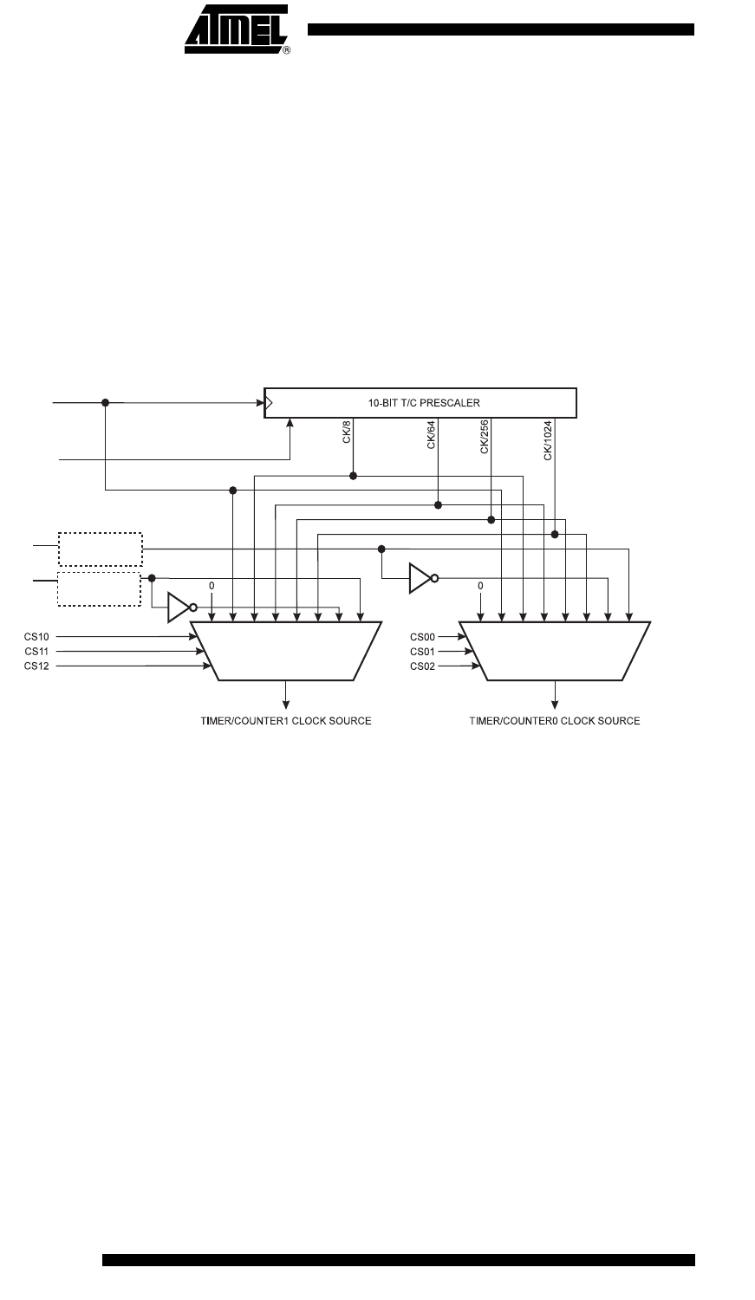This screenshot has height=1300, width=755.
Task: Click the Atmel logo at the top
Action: point(236,29)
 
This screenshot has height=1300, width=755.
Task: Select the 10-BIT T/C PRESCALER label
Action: point(420,403)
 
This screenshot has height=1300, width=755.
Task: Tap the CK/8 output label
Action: point(347,434)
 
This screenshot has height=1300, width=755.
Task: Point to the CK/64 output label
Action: point(431,436)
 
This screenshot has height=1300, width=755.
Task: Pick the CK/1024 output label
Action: point(548,441)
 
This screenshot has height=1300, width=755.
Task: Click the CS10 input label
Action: point(36,636)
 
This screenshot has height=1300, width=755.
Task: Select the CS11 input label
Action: point(36,651)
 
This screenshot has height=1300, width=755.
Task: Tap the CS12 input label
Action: point(36,666)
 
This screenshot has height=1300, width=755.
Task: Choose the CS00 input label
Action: point(422,636)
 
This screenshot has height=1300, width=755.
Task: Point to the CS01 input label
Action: point(422,651)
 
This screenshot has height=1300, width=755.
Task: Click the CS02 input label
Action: point(422,666)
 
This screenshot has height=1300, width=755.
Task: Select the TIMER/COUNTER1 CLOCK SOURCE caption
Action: point(286,721)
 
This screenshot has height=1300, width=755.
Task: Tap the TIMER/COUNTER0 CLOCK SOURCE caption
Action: point(555,721)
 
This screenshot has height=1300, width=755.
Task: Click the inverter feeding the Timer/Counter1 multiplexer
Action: point(179,608)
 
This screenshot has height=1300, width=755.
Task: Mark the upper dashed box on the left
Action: point(100,549)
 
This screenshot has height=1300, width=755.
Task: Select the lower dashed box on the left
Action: point(100,589)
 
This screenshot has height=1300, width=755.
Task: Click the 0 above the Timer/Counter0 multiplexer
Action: point(480,587)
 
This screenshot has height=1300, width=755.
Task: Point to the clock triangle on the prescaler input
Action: point(270,403)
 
